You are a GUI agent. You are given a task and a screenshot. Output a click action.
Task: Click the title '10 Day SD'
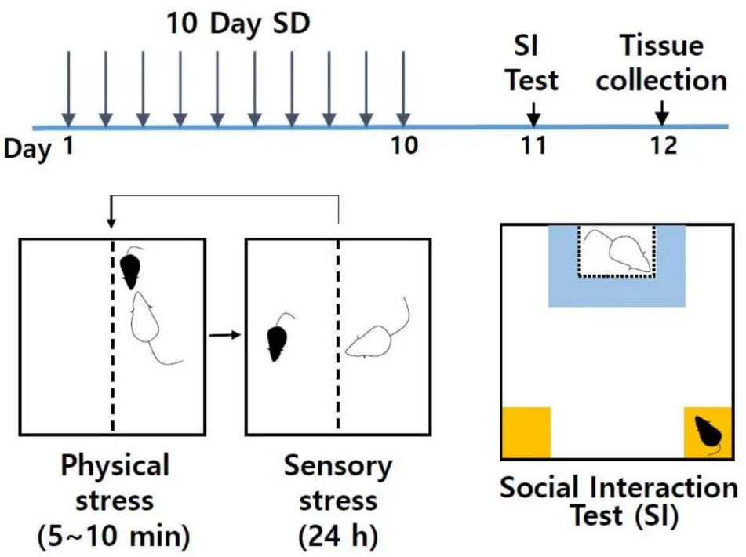coord(238,24)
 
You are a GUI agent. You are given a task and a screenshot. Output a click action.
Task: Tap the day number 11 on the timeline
coord(533,145)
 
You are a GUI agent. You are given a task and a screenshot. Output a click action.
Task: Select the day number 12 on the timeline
coord(663,145)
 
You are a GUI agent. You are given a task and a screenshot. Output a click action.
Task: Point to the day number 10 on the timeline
coord(405,145)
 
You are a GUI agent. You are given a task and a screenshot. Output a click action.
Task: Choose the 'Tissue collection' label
coord(662,63)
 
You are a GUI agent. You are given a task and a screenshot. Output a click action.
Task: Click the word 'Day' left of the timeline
coord(27,148)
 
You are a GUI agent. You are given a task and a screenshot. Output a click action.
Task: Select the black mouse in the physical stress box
coord(131,269)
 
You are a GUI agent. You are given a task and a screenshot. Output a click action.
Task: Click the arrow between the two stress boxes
coord(225,335)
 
